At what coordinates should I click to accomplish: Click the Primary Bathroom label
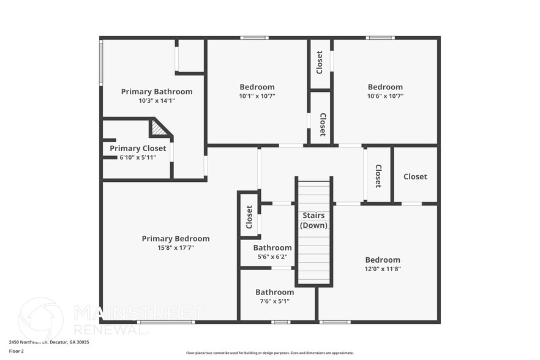[156, 92]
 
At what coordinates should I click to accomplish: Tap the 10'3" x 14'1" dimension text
[156, 100]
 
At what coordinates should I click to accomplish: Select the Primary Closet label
[138, 148]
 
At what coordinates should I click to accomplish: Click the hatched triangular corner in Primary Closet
[159, 129]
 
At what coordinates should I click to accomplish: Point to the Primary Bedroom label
[176, 239]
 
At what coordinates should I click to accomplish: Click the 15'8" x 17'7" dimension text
[176, 247]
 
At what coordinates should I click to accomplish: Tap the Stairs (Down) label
[312, 220]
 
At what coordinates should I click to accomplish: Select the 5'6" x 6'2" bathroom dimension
[272, 257]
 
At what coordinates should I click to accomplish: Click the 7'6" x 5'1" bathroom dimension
[274, 301]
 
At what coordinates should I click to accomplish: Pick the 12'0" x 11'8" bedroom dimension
[383, 269]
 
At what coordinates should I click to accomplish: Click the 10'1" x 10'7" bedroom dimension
[257, 96]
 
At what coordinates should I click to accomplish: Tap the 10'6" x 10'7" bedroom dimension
[385, 96]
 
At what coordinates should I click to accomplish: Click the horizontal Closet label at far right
[415, 176]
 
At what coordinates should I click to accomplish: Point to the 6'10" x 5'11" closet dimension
[138, 157]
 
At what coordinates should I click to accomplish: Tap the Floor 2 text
[17, 351]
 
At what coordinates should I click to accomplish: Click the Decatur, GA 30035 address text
[71, 342]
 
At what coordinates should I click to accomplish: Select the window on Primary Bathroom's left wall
[101, 62]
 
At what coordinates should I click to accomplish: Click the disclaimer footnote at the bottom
[269, 353]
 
